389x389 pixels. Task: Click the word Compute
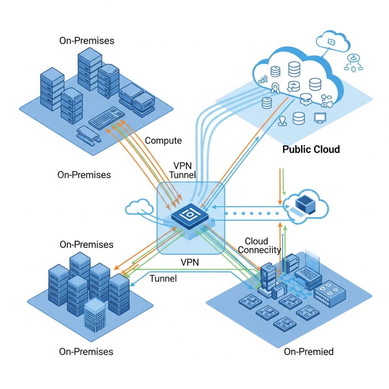pos(163,141)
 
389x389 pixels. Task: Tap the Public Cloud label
pos(311,149)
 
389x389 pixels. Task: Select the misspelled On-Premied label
pos(308,351)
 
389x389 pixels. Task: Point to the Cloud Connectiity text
pos(259,245)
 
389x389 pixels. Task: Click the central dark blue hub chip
pos(190,216)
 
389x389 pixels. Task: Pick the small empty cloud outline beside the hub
pos(139,207)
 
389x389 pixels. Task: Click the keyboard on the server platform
pos(107,118)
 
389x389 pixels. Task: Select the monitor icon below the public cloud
pos(320,118)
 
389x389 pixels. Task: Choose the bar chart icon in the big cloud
pos(263,79)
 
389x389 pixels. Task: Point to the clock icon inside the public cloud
pos(294,86)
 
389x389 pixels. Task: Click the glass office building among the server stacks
pos(95,315)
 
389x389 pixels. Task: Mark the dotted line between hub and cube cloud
pos(252,213)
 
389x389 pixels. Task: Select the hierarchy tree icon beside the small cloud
pos(353,63)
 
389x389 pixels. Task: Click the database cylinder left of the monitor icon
pos(299,119)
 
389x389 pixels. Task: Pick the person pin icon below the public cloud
pos(282,121)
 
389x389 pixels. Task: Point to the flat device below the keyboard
pos(88,134)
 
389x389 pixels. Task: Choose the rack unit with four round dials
pos(329,294)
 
